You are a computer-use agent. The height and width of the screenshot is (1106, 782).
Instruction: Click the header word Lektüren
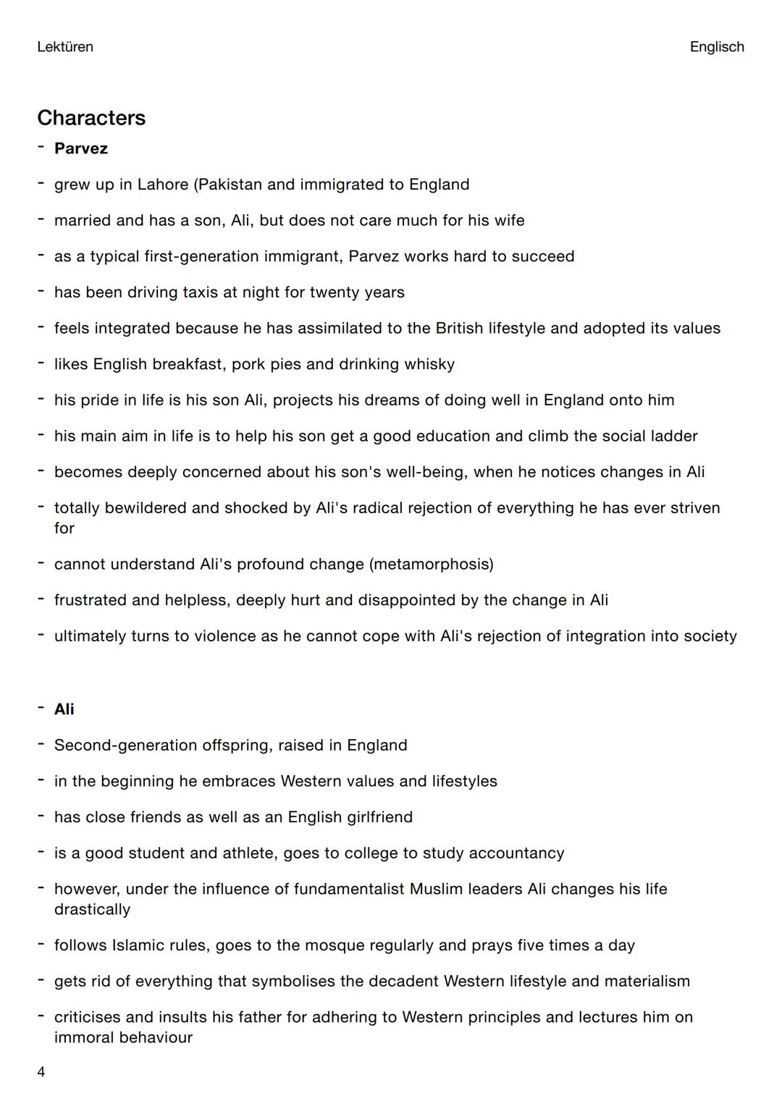tap(65, 47)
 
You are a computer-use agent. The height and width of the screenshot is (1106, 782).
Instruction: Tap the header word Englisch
tap(716, 47)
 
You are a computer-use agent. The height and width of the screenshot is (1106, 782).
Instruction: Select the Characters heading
tap(91, 118)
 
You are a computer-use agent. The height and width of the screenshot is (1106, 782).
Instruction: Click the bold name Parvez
tap(81, 148)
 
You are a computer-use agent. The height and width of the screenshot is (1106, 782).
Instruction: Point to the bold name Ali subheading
tap(64, 709)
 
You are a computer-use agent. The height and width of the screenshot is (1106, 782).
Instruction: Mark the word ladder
tap(673, 436)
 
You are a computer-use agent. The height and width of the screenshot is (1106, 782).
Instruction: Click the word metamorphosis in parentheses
tap(432, 564)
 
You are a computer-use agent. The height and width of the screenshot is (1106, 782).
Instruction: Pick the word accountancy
tap(516, 853)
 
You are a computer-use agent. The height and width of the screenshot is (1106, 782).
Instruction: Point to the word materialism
tap(647, 982)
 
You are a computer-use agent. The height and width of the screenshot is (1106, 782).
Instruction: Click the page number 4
tap(41, 1072)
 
